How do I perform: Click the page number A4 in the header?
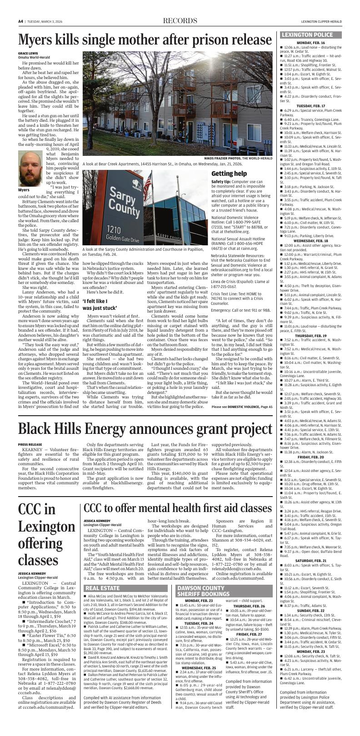coord(21,21)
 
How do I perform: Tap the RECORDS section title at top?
coord(180,21)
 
